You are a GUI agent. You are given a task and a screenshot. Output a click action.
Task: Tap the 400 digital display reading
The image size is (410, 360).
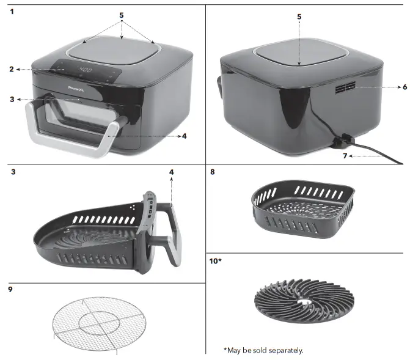[86, 71]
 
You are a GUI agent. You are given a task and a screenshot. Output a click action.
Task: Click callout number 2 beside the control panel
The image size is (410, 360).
[12, 69]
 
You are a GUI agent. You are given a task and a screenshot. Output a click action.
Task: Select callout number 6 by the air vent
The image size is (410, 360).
[405, 87]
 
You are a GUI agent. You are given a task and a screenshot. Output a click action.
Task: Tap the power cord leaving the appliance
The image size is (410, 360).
[373, 152]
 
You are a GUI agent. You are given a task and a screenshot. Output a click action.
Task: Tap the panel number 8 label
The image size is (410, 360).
[212, 172]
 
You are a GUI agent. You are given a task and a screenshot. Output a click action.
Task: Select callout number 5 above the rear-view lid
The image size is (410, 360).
[299, 17]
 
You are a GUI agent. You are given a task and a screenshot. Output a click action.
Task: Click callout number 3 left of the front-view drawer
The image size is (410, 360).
[12, 98]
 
